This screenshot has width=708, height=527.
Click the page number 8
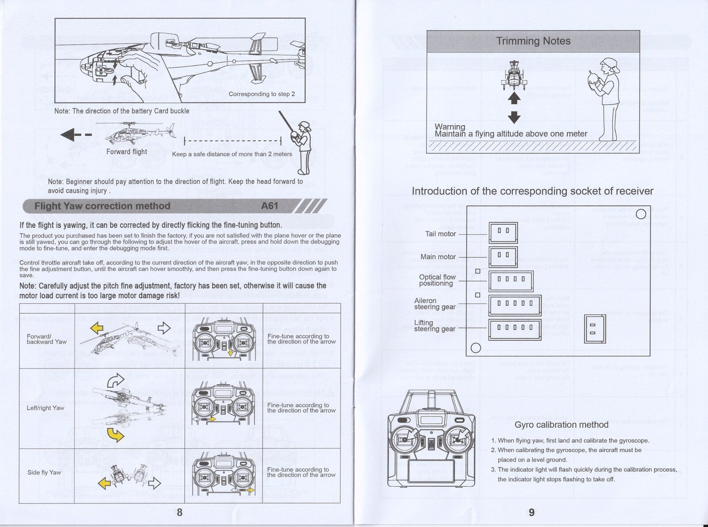click(180, 512)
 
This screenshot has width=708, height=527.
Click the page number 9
click(531, 512)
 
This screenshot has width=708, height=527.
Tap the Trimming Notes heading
click(533, 41)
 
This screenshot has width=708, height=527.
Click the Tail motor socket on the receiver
click(503, 233)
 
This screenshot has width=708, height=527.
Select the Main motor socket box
click(503, 257)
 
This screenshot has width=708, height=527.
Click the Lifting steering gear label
click(435, 326)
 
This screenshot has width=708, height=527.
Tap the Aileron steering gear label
click(435, 304)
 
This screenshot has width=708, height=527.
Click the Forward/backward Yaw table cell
click(46, 339)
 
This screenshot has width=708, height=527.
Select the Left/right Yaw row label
click(45, 408)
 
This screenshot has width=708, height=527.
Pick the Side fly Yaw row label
click(44, 473)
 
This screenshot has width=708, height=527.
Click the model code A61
click(269, 206)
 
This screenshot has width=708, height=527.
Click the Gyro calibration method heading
click(561, 425)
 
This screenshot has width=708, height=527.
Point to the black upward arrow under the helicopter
click(514, 98)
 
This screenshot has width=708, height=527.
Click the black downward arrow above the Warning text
click(514, 117)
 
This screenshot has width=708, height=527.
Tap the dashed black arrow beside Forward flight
click(76, 135)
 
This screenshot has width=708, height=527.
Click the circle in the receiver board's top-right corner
click(640, 214)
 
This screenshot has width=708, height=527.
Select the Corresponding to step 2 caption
click(262, 94)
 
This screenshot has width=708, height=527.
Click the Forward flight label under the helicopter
click(127, 152)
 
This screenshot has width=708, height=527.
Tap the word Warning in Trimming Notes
click(450, 127)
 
